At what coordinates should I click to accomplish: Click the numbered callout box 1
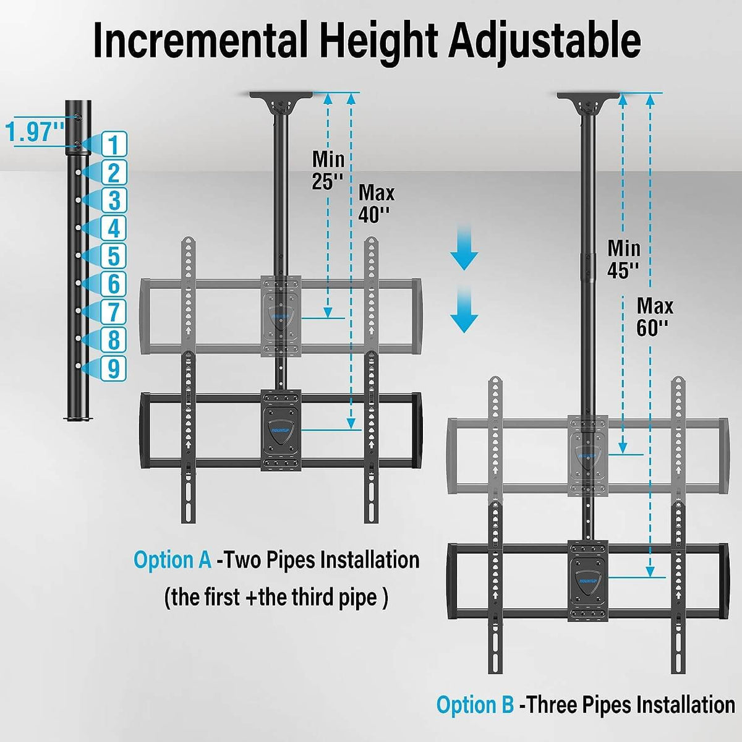[113, 145]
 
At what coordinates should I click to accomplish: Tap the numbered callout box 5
[113, 256]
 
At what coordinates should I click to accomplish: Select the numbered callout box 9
[113, 369]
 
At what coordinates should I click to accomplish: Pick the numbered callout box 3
[113, 200]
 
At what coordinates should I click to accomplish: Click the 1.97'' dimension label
[35, 132]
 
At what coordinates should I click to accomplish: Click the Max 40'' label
[376, 203]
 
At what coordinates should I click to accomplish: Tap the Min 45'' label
[623, 258]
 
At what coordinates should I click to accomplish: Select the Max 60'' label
[655, 316]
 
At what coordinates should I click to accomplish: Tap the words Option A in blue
[173, 560]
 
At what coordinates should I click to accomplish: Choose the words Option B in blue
[475, 705]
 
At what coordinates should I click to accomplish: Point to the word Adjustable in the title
[544, 41]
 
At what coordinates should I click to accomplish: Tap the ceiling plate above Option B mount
[587, 99]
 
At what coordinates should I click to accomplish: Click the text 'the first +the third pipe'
[276, 598]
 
